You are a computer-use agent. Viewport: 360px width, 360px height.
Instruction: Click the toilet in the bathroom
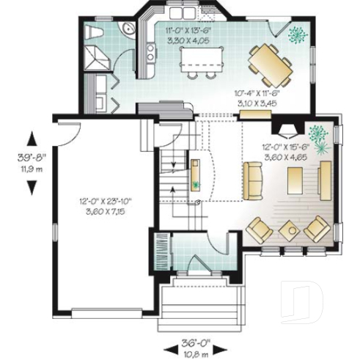95,32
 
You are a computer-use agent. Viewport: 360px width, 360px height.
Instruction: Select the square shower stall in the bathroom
97,56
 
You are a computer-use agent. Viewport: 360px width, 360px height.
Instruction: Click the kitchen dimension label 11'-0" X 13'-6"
188,35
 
